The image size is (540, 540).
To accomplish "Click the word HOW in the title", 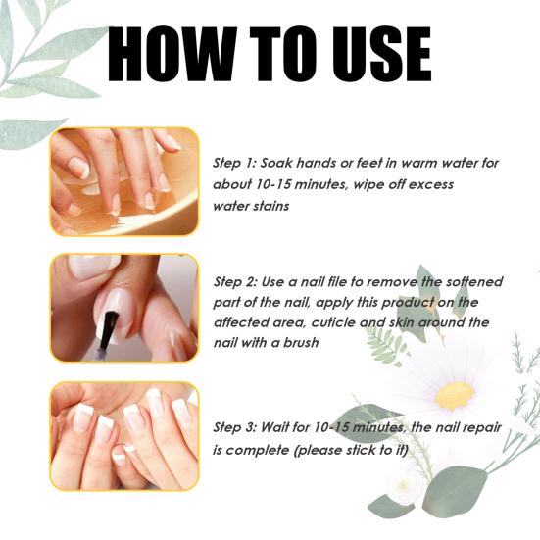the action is tap(172, 54).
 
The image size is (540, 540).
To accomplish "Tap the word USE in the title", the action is tap(382, 54).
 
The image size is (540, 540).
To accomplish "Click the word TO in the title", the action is tap(283, 54).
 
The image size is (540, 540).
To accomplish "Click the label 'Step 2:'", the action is tap(235, 282).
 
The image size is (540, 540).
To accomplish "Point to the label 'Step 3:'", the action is tap(235, 427).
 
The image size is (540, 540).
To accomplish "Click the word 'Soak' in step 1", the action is tap(276, 163).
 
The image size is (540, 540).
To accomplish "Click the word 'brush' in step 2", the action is tap(301, 343).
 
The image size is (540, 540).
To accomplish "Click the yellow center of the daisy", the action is tap(455, 396).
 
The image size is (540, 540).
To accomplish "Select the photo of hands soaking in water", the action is tap(124, 182).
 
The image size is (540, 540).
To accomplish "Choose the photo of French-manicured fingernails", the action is tap(124, 436).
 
